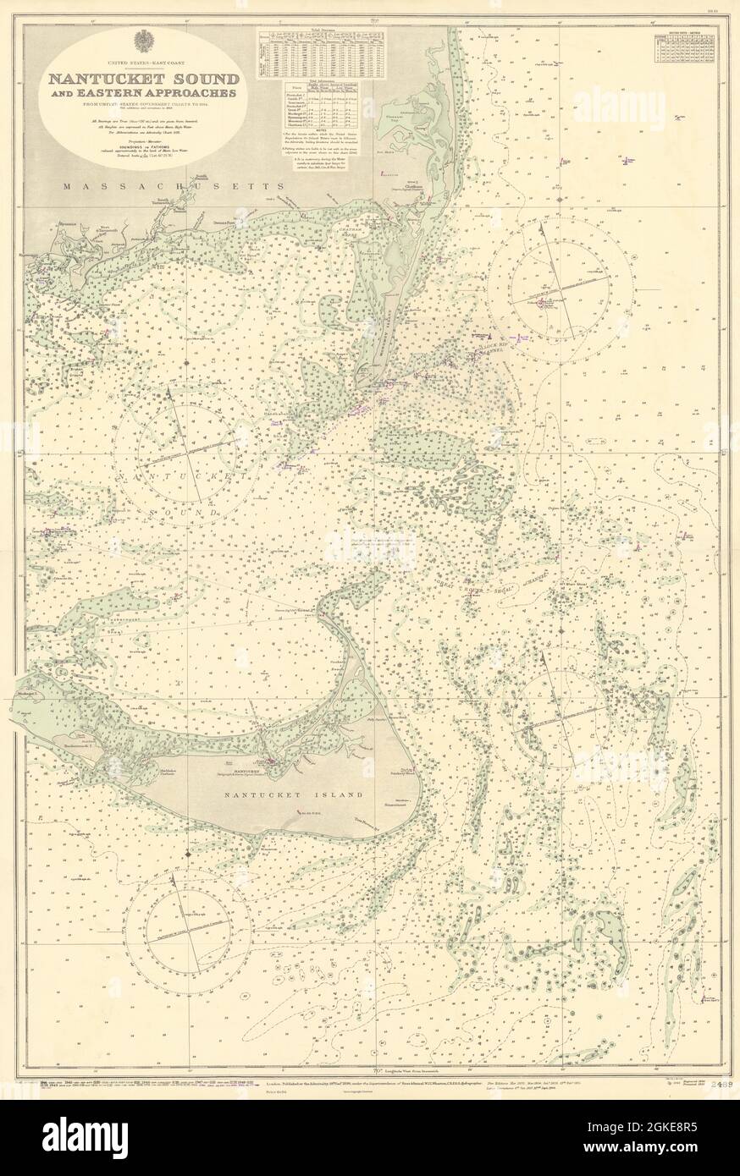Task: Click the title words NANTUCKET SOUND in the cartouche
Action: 142,79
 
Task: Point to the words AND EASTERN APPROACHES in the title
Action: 142,94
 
